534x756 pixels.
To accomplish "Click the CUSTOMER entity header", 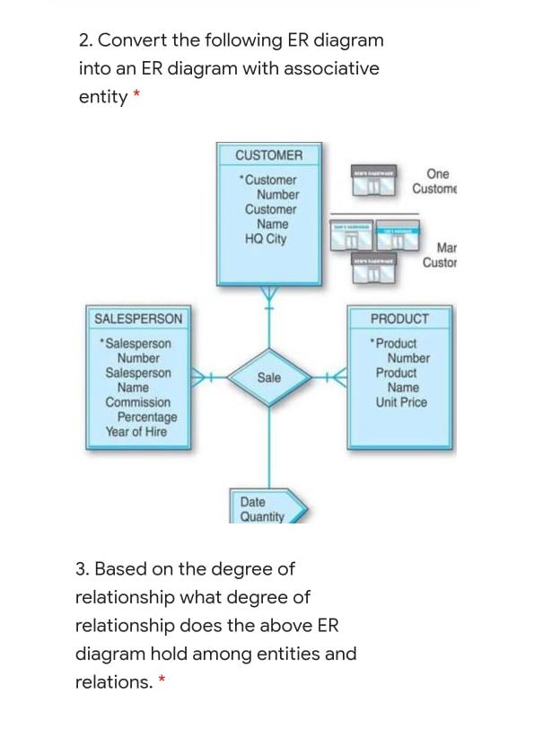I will pos(268,155).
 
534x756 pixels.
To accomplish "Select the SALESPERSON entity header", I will pos(138,319).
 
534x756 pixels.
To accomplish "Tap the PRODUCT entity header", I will pos(399,319).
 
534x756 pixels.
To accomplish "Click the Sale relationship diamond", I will pos(268,378).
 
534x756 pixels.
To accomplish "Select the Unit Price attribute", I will pos(401,402).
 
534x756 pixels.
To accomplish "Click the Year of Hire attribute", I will pos(136,432).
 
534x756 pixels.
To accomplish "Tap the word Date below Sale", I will pos(252,502).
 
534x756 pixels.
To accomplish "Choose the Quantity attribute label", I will pos(261,517).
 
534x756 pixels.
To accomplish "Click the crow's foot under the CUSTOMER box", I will pos(268,293).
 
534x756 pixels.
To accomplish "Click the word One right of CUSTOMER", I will pos(438,173).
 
